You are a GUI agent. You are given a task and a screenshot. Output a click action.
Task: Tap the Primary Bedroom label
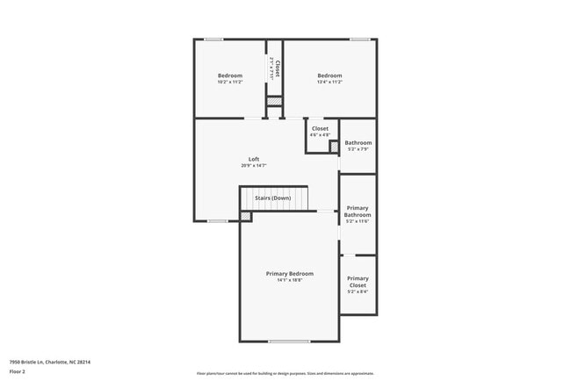pyautogui.click(x=289, y=274)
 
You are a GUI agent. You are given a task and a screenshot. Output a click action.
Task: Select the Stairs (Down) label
pyautogui.click(x=272, y=198)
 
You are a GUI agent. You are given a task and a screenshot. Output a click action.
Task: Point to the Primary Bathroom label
pyautogui.click(x=358, y=211)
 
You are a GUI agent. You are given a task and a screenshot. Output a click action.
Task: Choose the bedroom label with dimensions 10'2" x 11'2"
pyautogui.click(x=230, y=75)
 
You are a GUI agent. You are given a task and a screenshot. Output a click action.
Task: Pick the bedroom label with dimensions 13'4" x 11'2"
pyautogui.click(x=329, y=75)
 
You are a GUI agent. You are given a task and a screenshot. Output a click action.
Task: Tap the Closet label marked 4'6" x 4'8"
pyautogui.click(x=320, y=129)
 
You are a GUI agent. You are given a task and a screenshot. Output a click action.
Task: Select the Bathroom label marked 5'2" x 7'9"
pyautogui.click(x=358, y=143)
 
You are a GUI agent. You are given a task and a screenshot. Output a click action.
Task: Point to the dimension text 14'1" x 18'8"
pyautogui.click(x=289, y=281)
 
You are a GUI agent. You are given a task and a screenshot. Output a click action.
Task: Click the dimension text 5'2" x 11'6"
pyautogui.click(x=358, y=221)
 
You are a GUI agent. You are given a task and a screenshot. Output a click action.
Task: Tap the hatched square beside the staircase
pyautogui.click(x=245, y=216)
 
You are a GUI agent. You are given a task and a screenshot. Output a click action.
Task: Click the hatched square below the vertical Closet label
pyautogui.click(x=275, y=103)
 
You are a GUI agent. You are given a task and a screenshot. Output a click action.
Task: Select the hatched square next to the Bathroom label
pyautogui.click(x=334, y=146)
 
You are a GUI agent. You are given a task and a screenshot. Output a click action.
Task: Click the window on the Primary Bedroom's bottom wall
pyautogui.click(x=289, y=341)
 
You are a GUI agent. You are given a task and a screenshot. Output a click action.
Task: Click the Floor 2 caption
pyautogui.click(x=18, y=371)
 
